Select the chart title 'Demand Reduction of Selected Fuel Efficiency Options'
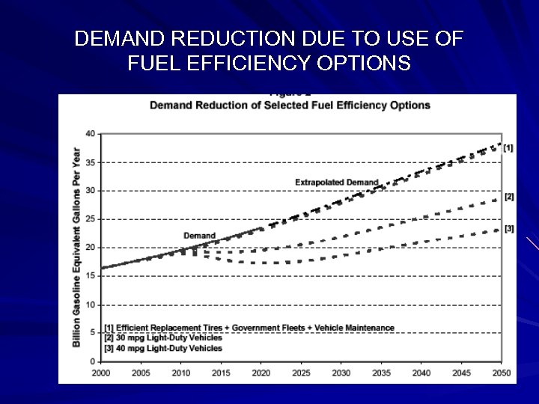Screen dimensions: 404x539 [290, 105]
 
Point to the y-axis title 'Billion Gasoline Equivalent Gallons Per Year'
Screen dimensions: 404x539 [76, 247]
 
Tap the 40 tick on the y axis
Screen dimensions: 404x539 [90, 134]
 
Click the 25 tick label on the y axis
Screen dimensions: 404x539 [90, 219]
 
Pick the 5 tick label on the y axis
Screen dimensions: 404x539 [92, 333]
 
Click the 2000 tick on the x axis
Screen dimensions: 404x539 [100, 372]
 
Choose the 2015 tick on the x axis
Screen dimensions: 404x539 [220, 372]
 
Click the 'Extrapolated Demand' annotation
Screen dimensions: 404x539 [336, 182]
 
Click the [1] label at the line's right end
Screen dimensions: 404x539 [508, 147]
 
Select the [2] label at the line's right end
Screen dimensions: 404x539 [508, 198]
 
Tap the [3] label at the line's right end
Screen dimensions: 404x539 [508, 228]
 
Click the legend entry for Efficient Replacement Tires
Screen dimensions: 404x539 [249, 328]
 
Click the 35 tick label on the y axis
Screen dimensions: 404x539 [90, 162]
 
